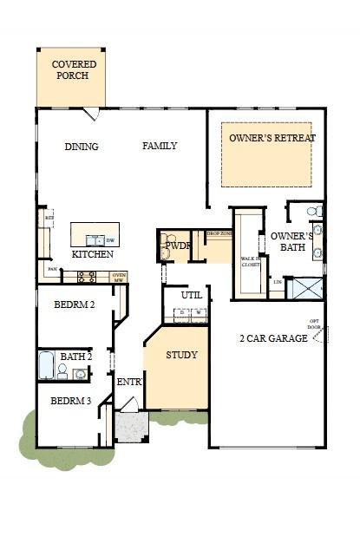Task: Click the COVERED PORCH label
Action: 74,70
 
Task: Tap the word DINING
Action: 82,147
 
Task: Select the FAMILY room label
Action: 160,146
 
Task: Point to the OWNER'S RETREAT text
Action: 272,138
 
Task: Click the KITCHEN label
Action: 92,255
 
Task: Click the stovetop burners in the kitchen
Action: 87,277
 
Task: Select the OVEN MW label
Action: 120,277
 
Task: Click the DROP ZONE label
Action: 219,234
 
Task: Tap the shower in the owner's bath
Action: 306,288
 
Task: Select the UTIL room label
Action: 192,295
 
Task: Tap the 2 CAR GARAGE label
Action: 273,338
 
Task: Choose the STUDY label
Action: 181,355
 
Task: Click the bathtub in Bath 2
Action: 46,365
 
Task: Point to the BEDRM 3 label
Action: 71,401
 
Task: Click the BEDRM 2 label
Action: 74,304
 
